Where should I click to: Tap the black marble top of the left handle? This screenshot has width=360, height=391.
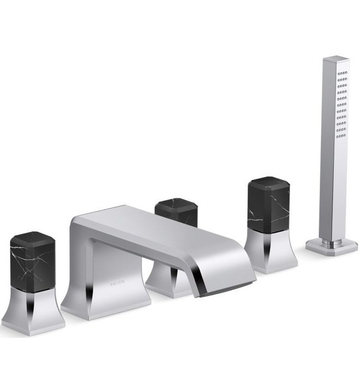click(32, 258)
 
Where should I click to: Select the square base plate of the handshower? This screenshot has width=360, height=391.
click(332, 246)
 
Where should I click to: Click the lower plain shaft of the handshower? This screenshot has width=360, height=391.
click(330, 195)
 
